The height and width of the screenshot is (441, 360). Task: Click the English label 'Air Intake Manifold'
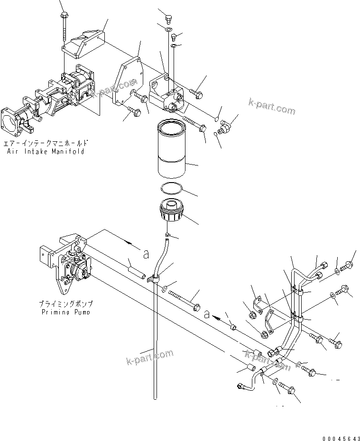(x=46, y=152)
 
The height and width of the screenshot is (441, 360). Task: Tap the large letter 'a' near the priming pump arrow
(x=146, y=255)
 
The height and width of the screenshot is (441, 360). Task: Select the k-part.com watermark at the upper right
(x=271, y=107)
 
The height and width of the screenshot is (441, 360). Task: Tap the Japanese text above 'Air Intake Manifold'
(x=46, y=143)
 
